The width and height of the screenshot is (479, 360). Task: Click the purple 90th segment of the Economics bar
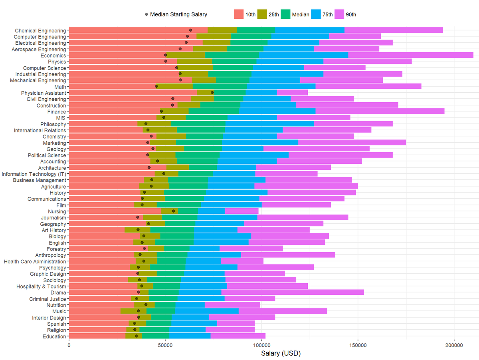[x=410, y=55]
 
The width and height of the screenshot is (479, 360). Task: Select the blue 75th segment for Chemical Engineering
[x=310, y=30]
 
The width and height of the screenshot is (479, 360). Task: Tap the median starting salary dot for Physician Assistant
[x=212, y=93]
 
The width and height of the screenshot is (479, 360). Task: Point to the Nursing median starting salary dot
[x=173, y=211]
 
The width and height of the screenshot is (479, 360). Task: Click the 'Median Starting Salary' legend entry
[x=176, y=15]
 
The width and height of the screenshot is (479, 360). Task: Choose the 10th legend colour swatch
[x=239, y=15]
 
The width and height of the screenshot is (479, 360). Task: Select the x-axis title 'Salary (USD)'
[x=281, y=354]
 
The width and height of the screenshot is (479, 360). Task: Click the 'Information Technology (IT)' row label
[x=34, y=174]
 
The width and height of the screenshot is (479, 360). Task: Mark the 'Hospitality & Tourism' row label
[x=41, y=286]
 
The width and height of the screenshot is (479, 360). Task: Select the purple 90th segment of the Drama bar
[x=292, y=292]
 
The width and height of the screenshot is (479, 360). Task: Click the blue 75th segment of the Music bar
[x=206, y=311]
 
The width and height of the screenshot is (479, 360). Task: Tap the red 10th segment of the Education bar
[x=97, y=336]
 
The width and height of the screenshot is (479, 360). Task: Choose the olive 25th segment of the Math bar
[x=175, y=86]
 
